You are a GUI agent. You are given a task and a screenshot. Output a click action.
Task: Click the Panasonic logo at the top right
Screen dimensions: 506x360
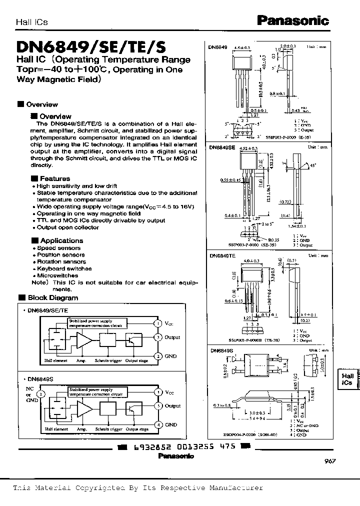[292, 20]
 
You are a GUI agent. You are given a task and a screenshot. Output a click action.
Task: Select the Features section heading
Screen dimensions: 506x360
[54, 178]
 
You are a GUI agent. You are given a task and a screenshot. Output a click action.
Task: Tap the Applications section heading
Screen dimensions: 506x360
[61, 240]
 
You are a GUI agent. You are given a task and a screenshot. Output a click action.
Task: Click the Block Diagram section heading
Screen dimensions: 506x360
[59, 297]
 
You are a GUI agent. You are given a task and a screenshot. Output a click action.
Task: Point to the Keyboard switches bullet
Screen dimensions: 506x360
[64, 268]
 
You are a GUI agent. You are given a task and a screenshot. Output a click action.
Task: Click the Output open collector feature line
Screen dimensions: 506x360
[67, 227]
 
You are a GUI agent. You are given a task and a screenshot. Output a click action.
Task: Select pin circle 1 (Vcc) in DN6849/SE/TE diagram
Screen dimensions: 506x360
[158, 323]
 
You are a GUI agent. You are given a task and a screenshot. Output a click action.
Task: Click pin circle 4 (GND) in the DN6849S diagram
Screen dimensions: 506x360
[158, 424]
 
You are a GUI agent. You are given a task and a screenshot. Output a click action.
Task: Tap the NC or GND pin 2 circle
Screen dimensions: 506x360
[41, 393]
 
